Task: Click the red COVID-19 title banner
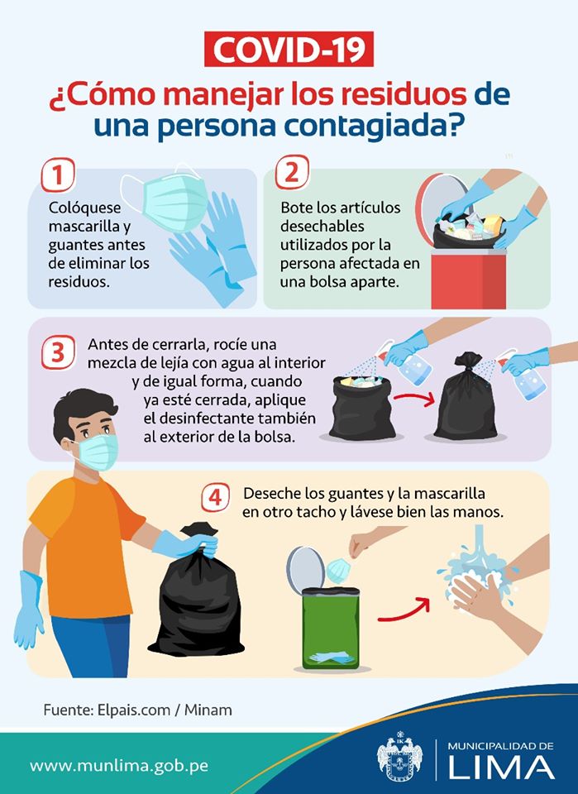(289, 49)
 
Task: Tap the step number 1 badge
(58, 175)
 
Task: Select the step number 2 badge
(292, 172)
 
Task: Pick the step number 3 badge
(58, 352)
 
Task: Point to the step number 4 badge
(216, 498)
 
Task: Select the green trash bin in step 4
(331, 628)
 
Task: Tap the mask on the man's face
(96, 452)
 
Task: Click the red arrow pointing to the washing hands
(404, 610)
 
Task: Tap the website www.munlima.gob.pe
(119, 765)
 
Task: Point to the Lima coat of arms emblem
(400, 758)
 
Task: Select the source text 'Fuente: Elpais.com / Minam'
(137, 710)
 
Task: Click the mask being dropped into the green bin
(338, 571)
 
